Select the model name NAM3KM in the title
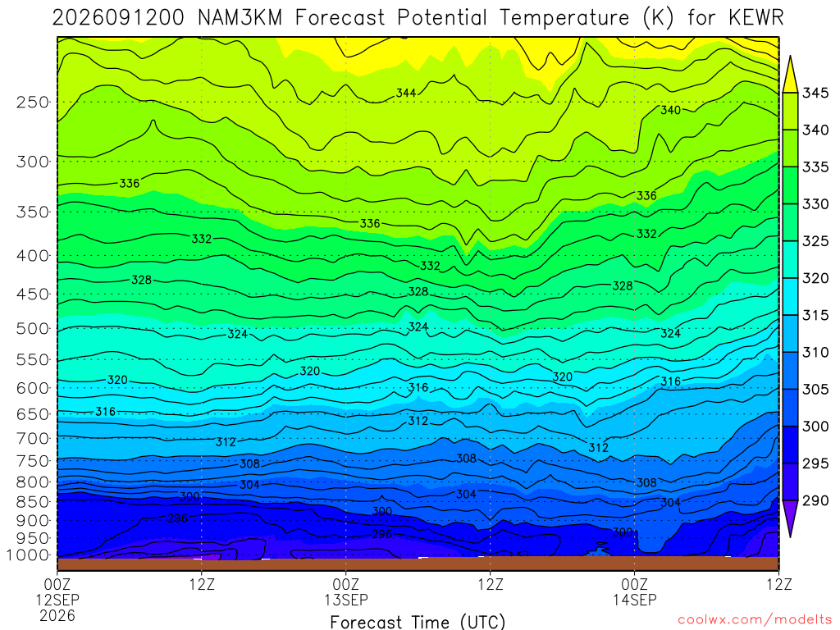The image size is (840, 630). point(240,18)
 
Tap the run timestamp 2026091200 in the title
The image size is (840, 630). point(118,18)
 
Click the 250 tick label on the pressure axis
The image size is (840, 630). point(33,102)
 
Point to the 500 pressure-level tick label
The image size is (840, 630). point(33,328)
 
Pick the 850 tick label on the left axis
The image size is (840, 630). point(33,502)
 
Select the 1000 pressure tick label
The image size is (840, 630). point(29,555)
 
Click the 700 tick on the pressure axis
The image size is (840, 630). point(33,439)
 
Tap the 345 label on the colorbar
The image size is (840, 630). point(815,93)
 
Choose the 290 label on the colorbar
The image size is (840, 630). point(815,500)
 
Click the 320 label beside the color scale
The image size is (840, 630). point(815,278)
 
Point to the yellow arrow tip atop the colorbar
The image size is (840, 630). point(790,57)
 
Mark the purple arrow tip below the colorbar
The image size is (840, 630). point(790,536)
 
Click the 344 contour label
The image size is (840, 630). point(406,93)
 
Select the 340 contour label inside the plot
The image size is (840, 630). point(671,110)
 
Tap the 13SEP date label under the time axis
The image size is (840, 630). point(346,600)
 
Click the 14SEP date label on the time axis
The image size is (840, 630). point(635,600)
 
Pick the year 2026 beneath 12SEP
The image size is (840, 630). point(57,615)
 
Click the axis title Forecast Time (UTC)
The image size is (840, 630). point(418,622)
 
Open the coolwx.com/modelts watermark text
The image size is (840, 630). point(755,620)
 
